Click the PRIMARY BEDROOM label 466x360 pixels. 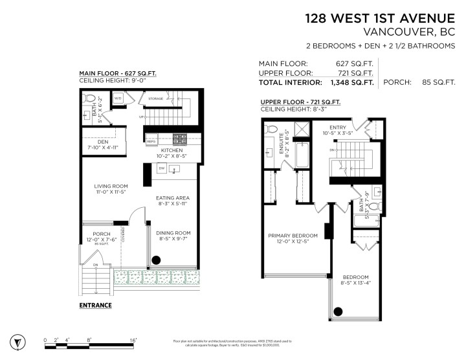(293, 235)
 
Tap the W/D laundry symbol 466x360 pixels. (119, 98)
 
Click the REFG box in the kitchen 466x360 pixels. (151, 141)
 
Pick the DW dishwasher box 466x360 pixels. (162, 168)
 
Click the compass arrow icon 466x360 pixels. (17, 341)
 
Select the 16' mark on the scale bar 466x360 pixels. (133, 339)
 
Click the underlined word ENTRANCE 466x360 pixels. (95, 305)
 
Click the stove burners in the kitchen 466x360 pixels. (179, 138)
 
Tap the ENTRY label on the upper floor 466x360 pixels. (338, 128)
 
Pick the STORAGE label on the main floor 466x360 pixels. (155, 99)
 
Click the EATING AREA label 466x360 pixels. (172, 198)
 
